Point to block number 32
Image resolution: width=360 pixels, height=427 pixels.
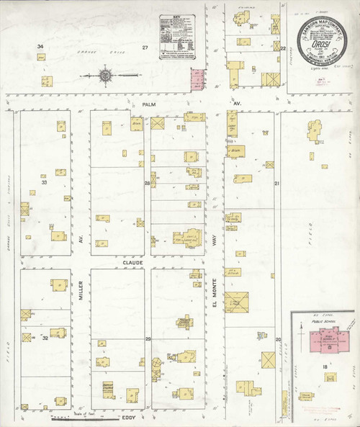click(44, 336)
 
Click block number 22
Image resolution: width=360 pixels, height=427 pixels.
click(283, 48)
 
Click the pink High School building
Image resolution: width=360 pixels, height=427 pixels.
click(324, 339)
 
